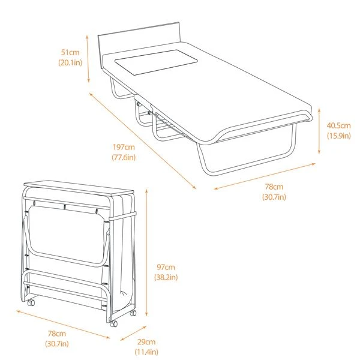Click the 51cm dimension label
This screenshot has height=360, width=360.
tap(69, 52)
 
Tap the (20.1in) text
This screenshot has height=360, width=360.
tap(70, 62)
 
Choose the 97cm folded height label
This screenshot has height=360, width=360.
tap(166, 267)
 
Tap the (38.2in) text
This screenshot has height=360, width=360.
tap(166, 277)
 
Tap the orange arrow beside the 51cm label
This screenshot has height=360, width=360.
tap(88, 58)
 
